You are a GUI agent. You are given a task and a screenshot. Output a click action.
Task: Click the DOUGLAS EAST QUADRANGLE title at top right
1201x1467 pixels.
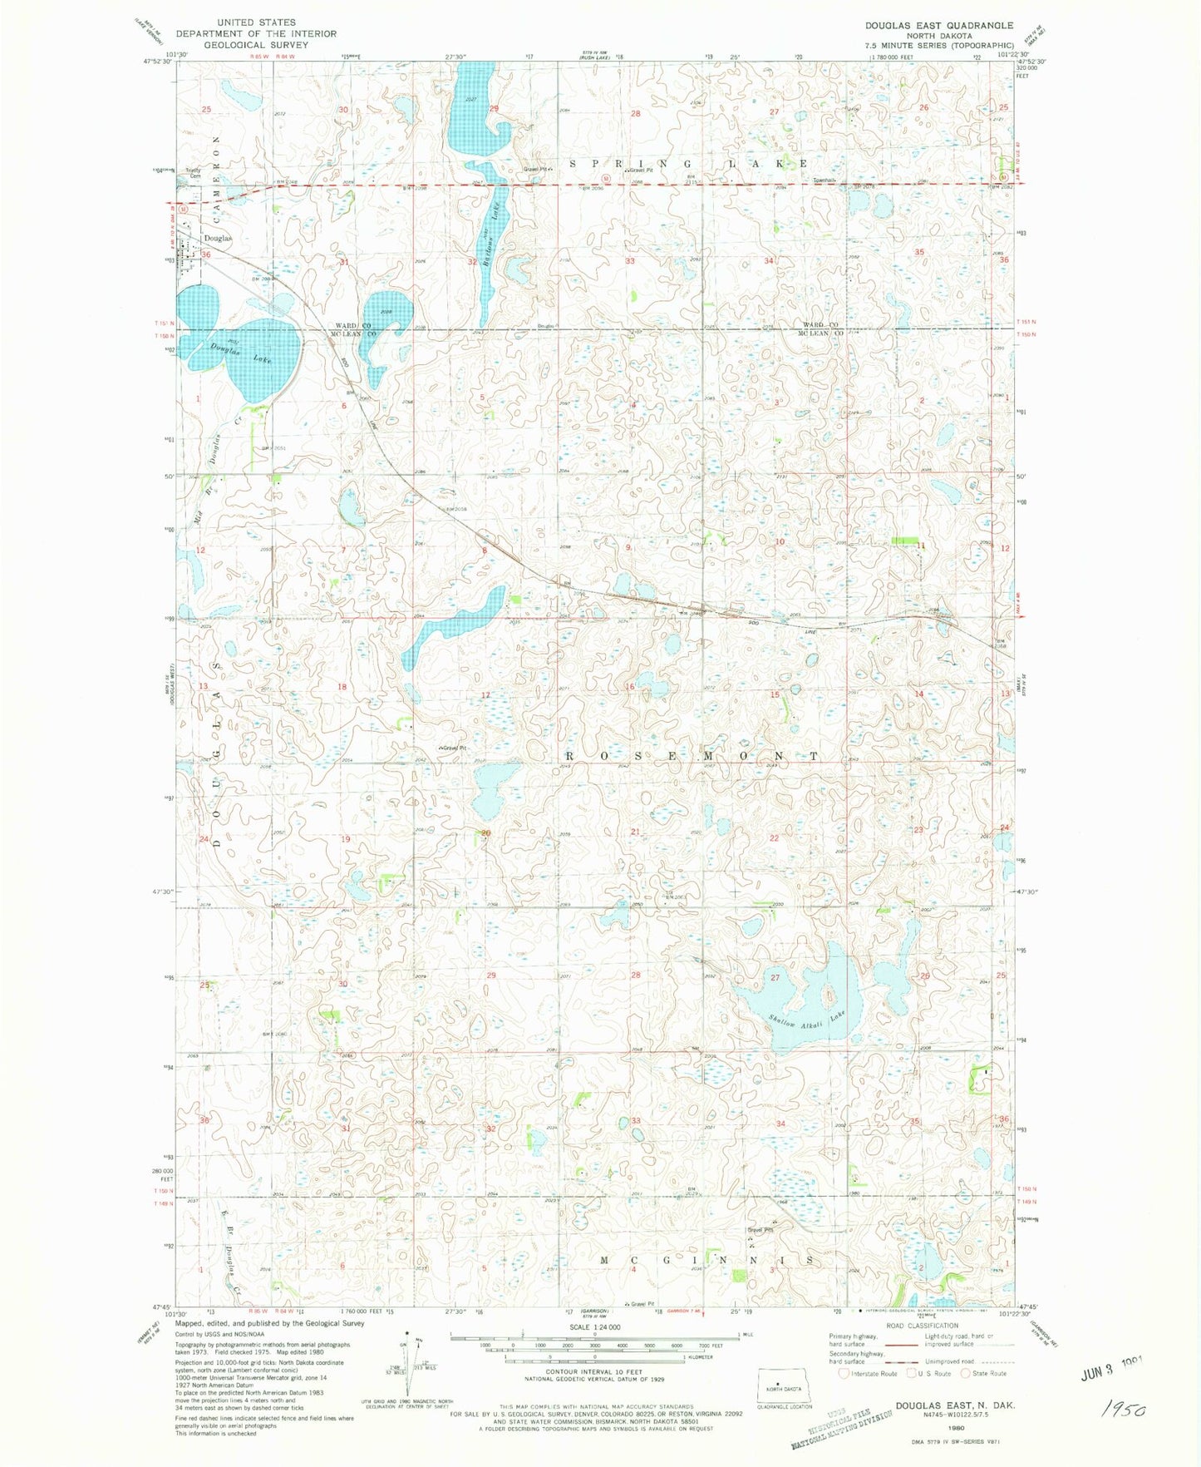pyautogui.click(x=938, y=26)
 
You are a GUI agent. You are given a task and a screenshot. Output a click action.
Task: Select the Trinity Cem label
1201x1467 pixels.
pyautogui.click(x=194, y=173)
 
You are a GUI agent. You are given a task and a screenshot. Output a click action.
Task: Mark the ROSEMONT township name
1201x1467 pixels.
pyautogui.click(x=692, y=755)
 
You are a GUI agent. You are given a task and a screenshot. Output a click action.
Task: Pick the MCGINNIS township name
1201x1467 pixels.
pyautogui.click(x=706, y=1261)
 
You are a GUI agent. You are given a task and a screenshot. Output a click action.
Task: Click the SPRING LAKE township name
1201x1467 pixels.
pyautogui.click(x=689, y=164)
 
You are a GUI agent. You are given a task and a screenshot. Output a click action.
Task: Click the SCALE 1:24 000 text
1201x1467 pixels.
pyautogui.click(x=594, y=1328)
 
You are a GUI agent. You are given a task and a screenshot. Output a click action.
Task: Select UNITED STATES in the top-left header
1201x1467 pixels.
pyautogui.click(x=255, y=22)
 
